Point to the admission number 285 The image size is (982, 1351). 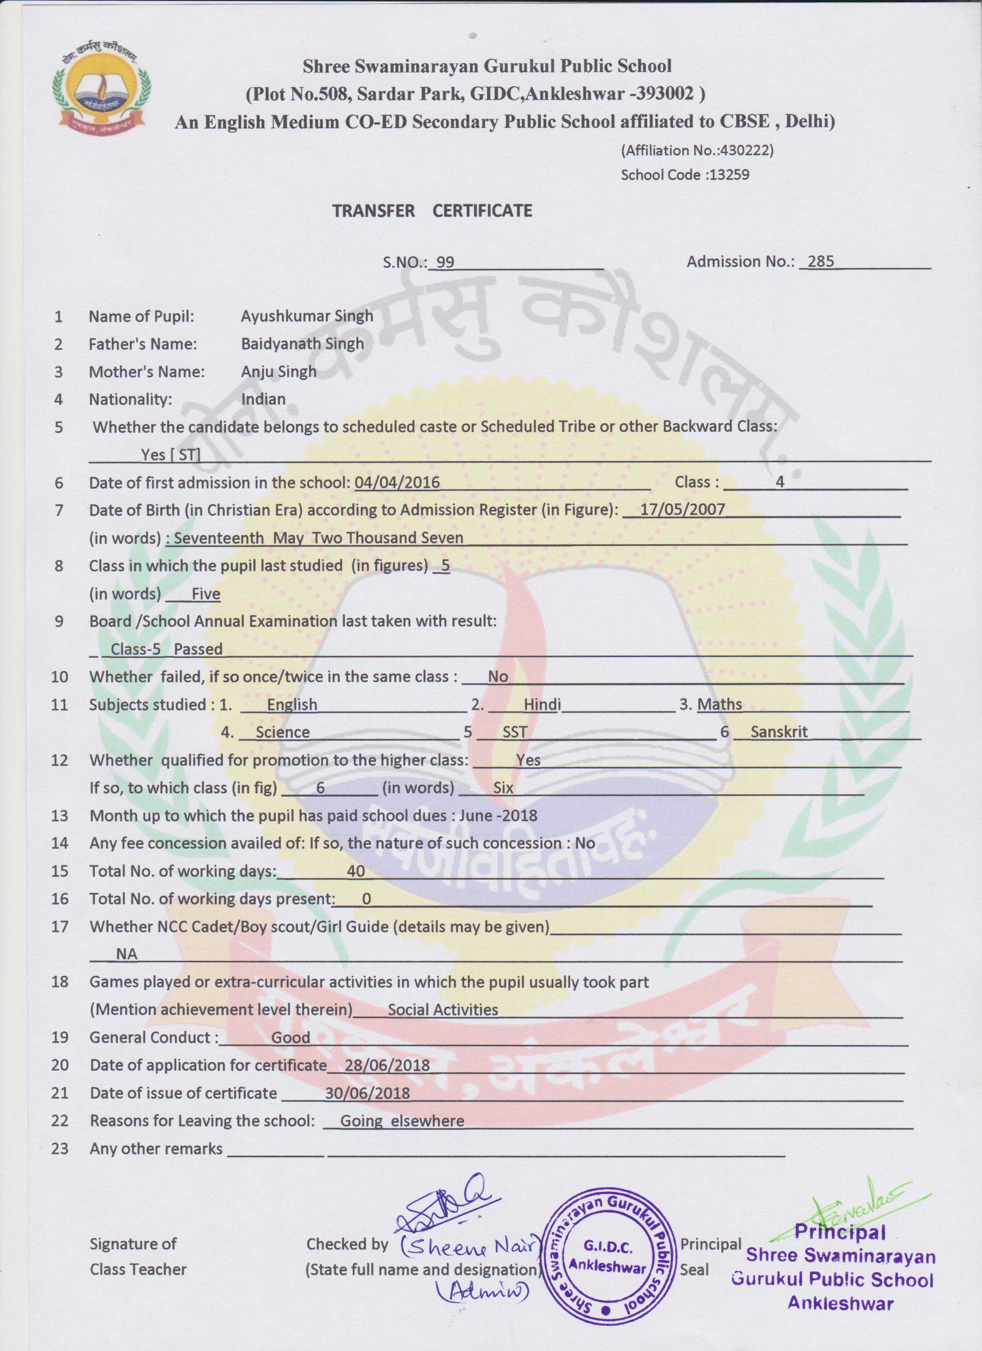[x=821, y=262]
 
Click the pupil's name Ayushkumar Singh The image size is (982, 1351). [x=307, y=316]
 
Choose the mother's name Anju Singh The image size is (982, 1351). [x=278, y=372]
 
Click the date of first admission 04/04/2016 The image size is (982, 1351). [x=397, y=482]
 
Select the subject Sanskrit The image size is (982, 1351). [x=779, y=732]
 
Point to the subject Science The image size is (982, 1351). [x=282, y=732]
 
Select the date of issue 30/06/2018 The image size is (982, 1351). [x=367, y=1093]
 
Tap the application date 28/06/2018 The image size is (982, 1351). [x=387, y=1065]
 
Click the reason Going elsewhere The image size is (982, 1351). [x=402, y=1121]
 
